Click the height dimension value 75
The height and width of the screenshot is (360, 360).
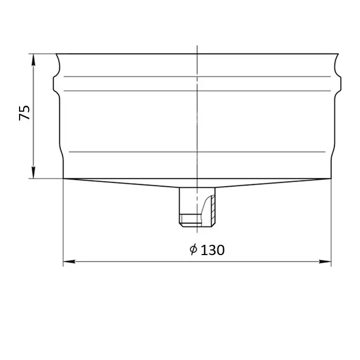pyautogui.click(x=24, y=113)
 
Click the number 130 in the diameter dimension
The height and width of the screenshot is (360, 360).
pyautogui.click(x=212, y=250)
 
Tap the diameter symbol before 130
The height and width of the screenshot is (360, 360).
pyautogui.click(x=193, y=249)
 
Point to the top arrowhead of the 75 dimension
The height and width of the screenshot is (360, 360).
pyautogui.click(x=33, y=60)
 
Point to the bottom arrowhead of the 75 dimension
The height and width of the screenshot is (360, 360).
pyautogui.click(x=33, y=172)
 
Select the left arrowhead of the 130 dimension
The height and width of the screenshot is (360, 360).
pyautogui.click(x=69, y=261)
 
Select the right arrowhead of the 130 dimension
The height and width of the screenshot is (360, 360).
pyautogui.click(x=325, y=261)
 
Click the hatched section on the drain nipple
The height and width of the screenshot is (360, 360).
pyautogui.click(x=213, y=210)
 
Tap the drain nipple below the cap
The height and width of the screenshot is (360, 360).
pyautogui.click(x=197, y=207)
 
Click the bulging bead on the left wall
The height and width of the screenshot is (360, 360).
pyautogui.click(x=55, y=84)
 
